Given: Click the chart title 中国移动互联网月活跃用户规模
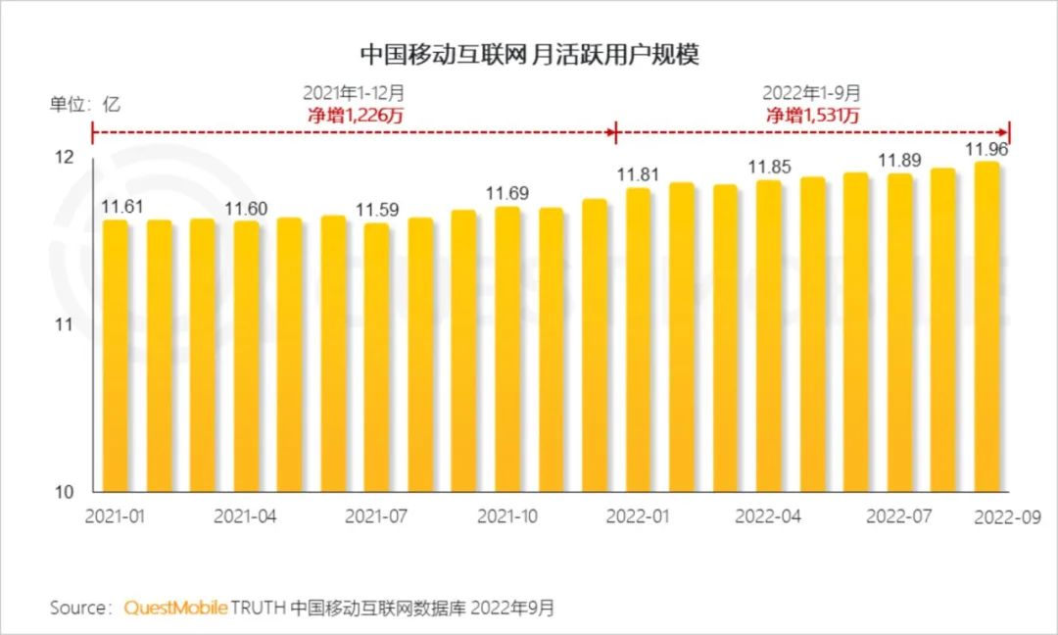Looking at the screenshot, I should pos(529,53).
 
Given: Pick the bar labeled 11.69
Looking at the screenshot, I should pos(506,349).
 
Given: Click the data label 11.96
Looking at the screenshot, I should pos(987,150).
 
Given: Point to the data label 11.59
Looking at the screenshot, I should pos(376,211).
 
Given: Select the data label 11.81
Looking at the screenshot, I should pos(638,175).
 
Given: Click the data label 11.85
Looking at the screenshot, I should pos(769,168).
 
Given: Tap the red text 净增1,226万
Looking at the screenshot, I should pos(353,115).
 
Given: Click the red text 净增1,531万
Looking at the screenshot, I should pos(812,115).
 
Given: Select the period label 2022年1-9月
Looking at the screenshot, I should pos(812,93).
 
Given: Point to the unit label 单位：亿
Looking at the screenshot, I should pos(85,104).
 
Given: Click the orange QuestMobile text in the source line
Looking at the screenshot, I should pos(175,608).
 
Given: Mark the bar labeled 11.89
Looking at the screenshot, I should pos(899,332).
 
